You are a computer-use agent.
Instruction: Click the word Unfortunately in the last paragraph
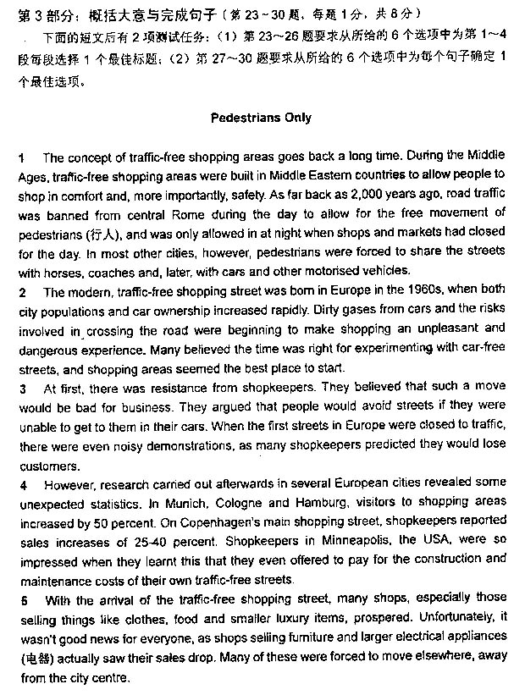point(452,619)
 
